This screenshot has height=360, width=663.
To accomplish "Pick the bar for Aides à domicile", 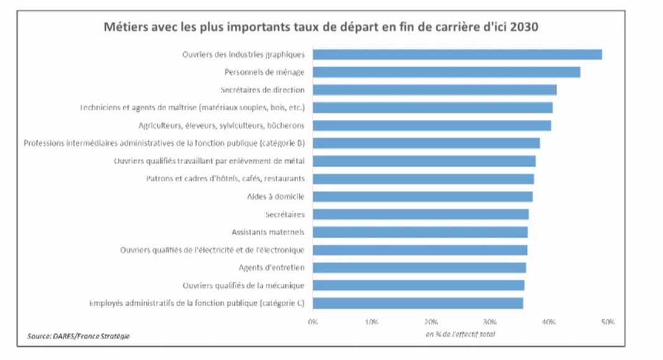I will pos(422,196).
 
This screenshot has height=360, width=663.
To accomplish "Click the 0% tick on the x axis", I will pos(313,321).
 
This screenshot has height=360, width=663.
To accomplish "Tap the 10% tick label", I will pos(372,321).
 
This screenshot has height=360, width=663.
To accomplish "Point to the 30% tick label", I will pos(490,321).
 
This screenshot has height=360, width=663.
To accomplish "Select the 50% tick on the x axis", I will pos(608,321).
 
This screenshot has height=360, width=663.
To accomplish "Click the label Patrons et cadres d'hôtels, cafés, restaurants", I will pos(225,179).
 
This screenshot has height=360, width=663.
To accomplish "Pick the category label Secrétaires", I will pos(284,215).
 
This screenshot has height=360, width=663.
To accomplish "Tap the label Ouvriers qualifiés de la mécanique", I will pos(243,285).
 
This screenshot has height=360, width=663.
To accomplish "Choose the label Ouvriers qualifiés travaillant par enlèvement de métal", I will pos(209,161).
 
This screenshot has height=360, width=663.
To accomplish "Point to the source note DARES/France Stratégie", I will pos(79,336).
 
